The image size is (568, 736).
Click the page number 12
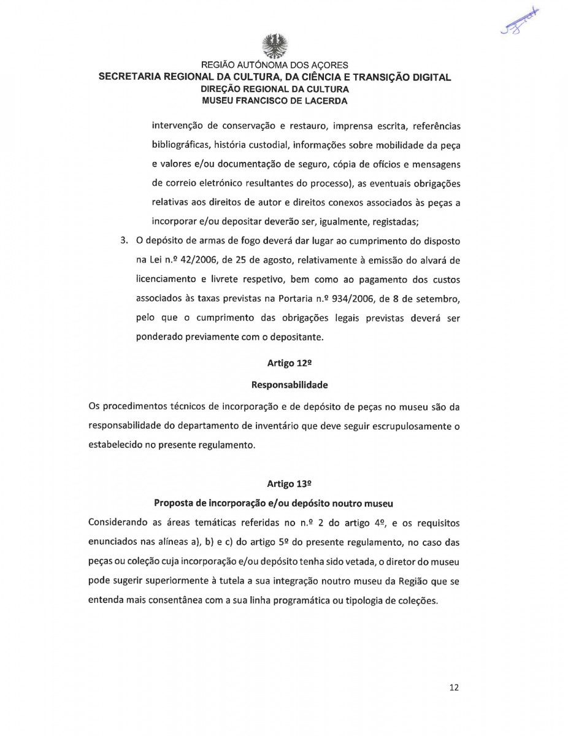[x=454, y=688]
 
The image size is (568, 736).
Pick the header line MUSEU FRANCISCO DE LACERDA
[x=275, y=101]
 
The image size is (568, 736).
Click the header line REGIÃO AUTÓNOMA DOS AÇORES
[x=275, y=66]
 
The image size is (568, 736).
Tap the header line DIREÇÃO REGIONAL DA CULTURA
[x=275, y=90]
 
